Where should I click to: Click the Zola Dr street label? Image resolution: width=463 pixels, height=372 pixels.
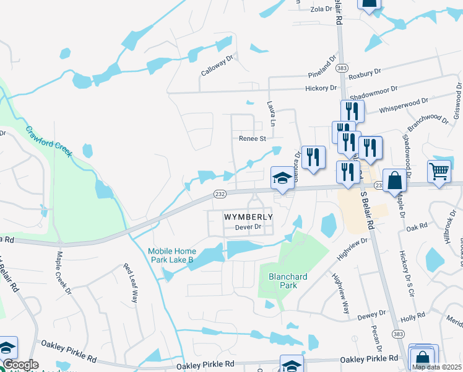point(321,9)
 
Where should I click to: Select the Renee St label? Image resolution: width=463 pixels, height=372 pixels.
point(252,139)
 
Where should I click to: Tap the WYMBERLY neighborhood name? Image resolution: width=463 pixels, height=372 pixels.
point(248,217)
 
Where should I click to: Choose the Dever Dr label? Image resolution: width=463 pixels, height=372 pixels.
point(249,228)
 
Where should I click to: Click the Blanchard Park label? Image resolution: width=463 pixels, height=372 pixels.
point(283,281)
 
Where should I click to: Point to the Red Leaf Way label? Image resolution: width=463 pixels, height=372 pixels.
point(130,283)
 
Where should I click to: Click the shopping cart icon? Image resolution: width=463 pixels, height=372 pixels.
point(439,172)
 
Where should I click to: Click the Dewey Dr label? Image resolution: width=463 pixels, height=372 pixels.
point(371,316)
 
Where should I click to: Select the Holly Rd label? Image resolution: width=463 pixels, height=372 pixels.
point(412,316)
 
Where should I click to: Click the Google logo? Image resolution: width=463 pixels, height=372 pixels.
point(20,365)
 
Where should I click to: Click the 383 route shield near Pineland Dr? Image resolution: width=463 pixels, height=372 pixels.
point(344,66)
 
